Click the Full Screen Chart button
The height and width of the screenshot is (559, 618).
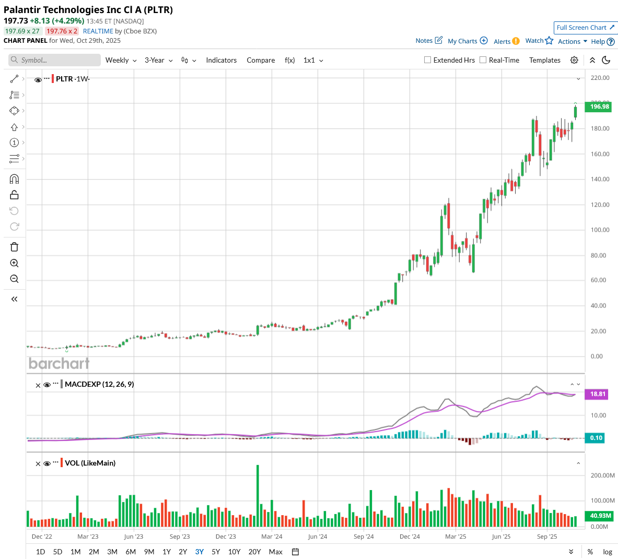point(585,28)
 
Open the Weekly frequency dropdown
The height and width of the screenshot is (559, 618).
point(121,61)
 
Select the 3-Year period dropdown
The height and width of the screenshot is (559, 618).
point(158,61)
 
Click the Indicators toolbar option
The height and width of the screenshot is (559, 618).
point(221,61)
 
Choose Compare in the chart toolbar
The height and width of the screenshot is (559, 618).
point(261,61)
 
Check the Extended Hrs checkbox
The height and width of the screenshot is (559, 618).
point(428,60)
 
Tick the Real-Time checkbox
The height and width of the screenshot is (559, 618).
point(483,60)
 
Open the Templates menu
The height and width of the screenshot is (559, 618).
point(544,61)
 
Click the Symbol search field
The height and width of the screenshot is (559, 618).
point(55,61)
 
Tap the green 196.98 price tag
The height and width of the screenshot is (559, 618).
point(599,106)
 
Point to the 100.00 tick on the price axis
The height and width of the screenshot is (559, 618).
point(600,230)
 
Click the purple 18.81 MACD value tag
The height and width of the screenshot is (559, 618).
point(597,394)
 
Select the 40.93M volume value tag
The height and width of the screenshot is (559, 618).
point(600,516)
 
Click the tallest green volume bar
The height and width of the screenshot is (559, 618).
point(258,496)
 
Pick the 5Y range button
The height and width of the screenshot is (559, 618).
point(216,552)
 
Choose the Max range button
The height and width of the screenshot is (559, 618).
point(275,552)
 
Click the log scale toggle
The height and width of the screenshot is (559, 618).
point(607,552)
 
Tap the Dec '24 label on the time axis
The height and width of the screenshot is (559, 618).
point(410,537)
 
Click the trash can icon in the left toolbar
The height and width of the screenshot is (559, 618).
point(14,247)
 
